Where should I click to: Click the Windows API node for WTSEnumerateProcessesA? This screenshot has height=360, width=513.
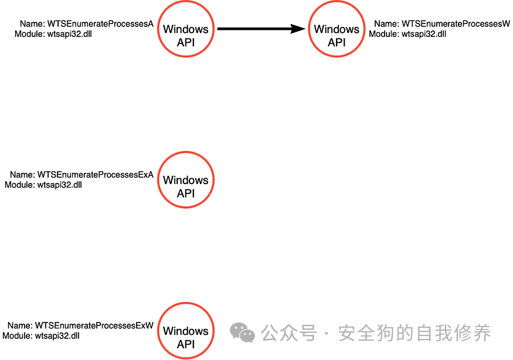click(x=185, y=29)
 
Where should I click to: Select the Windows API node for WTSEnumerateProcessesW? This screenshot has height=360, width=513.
click(x=337, y=29)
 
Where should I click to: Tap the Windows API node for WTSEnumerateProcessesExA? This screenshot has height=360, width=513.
click(x=185, y=180)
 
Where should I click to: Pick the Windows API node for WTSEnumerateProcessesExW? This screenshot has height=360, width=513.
click(x=185, y=331)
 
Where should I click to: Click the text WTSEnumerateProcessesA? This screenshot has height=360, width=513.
click(x=100, y=24)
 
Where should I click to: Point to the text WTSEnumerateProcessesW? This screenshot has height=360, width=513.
click(x=456, y=24)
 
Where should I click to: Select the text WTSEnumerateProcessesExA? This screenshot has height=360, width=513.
click(x=96, y=175)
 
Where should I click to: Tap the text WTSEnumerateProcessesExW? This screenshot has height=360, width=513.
click(x=94, y=325)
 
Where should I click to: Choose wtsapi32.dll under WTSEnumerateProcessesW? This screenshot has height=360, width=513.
click(x=424, y=34)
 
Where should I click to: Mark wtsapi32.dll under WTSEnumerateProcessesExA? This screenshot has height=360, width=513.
click(x=60, y=185)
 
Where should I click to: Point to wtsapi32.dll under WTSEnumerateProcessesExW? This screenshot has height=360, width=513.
click(x=57, y=336)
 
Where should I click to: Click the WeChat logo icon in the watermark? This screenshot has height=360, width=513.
click(x=243, y=333)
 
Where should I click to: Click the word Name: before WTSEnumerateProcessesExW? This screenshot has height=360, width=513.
click(x=20, y=325)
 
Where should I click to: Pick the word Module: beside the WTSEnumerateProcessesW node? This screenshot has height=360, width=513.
click(x=384, y=34)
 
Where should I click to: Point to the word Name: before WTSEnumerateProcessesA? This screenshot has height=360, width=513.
click(x=32, y=24)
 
